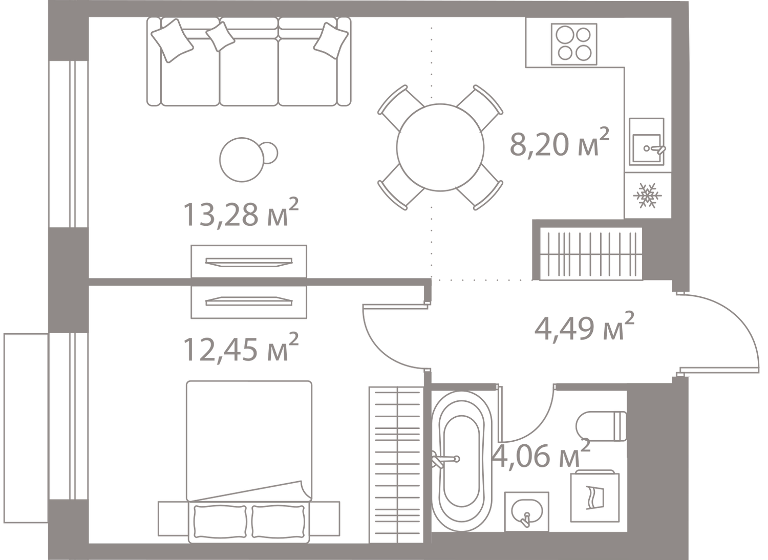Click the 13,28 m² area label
[x=241, y=213]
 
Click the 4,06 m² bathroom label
[x=541, y=454]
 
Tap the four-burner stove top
[x=574, y=44]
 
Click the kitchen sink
[x=647, y=142]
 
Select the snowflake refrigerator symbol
[x=647, y=196]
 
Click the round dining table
[x=440, y=147]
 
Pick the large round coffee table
[x=242, y=160]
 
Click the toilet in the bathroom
[x=602, y=426]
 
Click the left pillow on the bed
[x=220, y=524]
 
